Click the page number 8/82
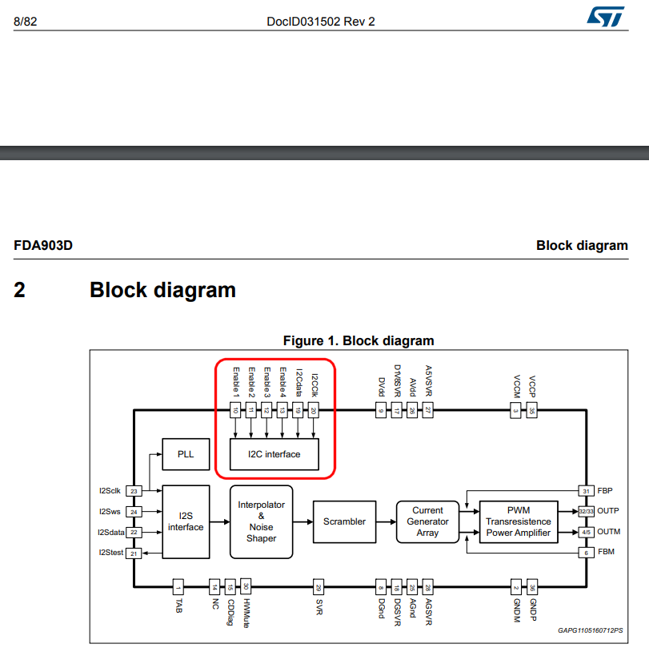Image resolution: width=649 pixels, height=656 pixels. [x=26, y=22]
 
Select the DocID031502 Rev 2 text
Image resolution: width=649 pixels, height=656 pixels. [x=320, y=22]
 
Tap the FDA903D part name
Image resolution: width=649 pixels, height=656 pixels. [x=43, y=245]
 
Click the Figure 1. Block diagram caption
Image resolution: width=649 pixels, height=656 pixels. [x=359, y=341]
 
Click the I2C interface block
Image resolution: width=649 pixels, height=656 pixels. [x=275, y=454]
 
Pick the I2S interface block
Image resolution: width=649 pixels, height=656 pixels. [x=186, y=521]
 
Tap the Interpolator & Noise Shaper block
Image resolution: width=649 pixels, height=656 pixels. [x=261, y=521]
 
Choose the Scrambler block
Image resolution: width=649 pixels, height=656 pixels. [x=344, y=521]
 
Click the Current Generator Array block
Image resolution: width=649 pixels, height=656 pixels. [x=427, y=521]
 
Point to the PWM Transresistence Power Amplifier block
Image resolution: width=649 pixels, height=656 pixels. [x=519, y=521]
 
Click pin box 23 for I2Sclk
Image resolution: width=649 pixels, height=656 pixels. [x=134, y=491]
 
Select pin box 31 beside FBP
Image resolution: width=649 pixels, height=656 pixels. [x=587, y=490]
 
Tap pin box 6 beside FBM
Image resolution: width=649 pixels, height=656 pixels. [x=587, y=553]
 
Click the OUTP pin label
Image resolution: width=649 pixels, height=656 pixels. [x=609, y=511]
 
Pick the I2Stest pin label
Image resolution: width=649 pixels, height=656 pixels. [x=110, y=553]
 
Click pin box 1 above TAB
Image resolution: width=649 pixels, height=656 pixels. [x=178, y=587]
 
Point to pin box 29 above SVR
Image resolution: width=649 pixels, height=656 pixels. [x=318, y=587]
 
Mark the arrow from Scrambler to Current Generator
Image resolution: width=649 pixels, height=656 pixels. [x=386, y=521]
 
